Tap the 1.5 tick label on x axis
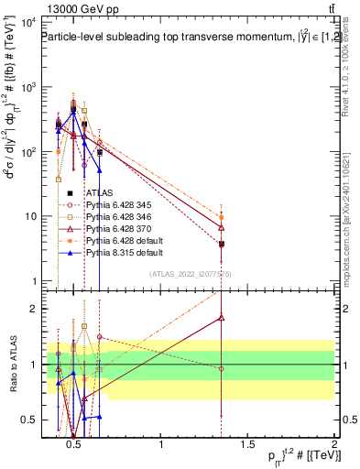tap(247, 444)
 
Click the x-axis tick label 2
tap(333, 444)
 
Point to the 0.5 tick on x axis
tap(75, 444)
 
